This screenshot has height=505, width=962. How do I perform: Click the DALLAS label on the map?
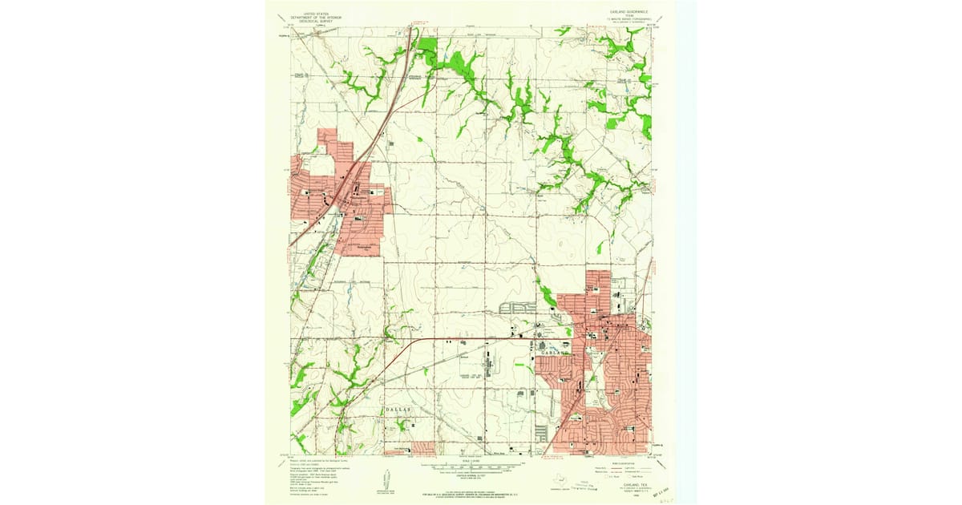[x=398, y=409]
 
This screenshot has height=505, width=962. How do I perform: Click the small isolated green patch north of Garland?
[x=600, y=247]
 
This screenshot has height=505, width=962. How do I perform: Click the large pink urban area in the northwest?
[x=341, y=200]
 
